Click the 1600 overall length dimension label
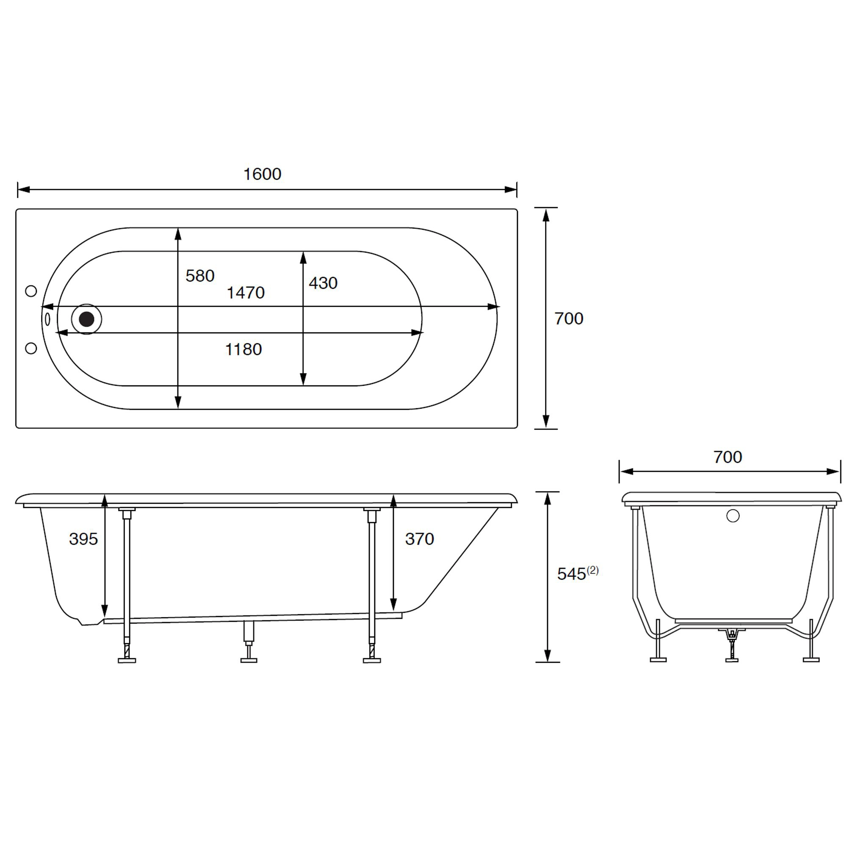[262, 174]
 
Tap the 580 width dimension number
[200, 276]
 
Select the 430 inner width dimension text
[323, 283]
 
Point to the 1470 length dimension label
[246, 293]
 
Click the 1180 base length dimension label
[244, 349]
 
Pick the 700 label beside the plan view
[569, 319]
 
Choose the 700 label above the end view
[727, 457]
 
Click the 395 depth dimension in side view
[83, 539]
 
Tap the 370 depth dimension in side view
[420, 539]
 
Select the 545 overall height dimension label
[571, 574]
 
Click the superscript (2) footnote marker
[593, 570]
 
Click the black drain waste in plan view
[86, 319]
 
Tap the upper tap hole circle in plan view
[31, 291]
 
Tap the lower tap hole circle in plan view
[31, 348]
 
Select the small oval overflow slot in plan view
[47, 319]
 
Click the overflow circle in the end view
[733, 516]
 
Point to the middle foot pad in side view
[249, 660]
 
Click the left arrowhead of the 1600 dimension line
[23, 189]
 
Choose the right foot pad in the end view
[811, 659]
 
